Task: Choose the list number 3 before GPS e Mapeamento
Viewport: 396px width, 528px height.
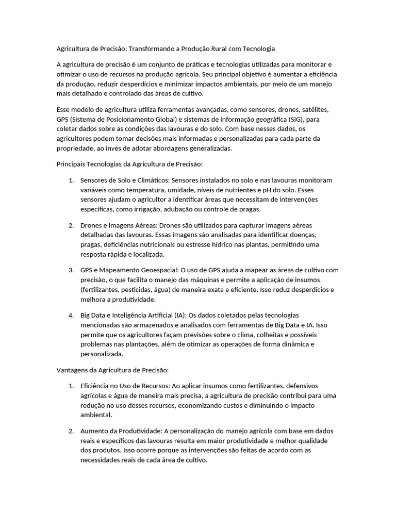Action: pyautogui.click(x=71, y=270)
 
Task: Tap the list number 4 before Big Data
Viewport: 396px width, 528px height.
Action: pyautogui.click(x=71, y=315)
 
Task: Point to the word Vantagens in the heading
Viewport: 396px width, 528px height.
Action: pyautogui.click(x=71, y=370)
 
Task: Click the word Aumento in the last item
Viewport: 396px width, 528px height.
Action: pyautogui.click(x=93, y=431)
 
